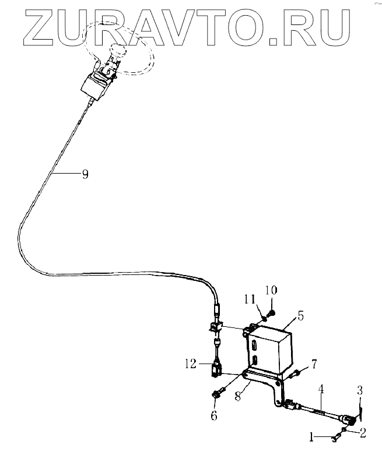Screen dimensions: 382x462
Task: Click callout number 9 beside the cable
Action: [85, 174]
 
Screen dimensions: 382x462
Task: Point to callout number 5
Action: [300, 316]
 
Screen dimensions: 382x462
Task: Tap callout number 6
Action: [214, 415]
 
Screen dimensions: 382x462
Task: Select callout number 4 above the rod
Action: [321, 389]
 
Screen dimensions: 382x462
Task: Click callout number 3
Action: [360, 389]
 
